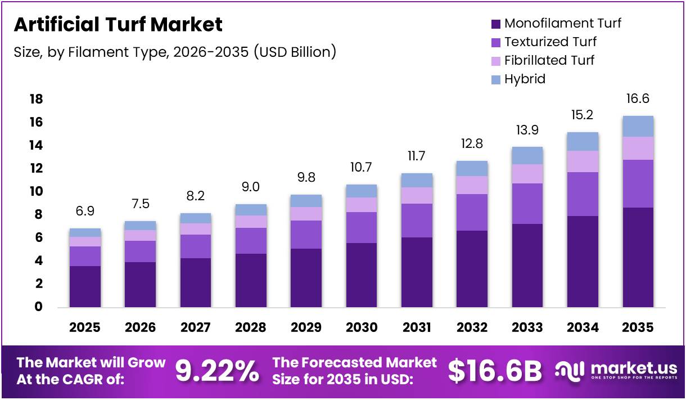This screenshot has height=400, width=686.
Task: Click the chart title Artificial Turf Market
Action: pyautogui.click(x=118, y=25)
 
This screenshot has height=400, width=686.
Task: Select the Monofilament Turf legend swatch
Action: pyautogui.click(x=495, y=24)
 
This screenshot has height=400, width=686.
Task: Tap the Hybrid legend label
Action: pyautogui.click(x=525, y=79)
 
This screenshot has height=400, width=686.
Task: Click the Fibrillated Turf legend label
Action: pyautogui.click(x=549, y=60)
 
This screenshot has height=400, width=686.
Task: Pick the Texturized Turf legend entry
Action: pyautogui.click(x=550, y=42)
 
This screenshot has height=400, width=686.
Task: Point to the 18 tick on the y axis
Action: pyautogui.click(x=35, y=100)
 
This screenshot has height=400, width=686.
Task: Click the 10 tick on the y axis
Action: pyautogui.click(x=35, y=192)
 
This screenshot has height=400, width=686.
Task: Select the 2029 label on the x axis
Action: pyautogui.click(x=306, y=327)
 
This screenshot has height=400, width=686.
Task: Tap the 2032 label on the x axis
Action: pyautogui.click(x=472, y=327)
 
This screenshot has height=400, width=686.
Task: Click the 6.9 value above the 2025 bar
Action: pyautogui.click(x=85, y=212)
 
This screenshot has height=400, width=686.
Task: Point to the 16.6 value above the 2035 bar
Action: pyautogui.click(x=638, y=99)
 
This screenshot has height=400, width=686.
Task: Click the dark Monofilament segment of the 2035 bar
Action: pyautogui.click(x=638, y=257)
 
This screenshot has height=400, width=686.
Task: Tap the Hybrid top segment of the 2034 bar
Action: pyautogui.click(x=583, y=141)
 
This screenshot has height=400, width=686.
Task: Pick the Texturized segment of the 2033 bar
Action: pyautogui.click(x=527, y=203)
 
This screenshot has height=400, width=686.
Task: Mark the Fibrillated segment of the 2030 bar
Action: pyautogui.click(x=361, y=205)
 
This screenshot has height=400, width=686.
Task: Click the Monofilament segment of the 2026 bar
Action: pyautogui.click(x=140, y=284)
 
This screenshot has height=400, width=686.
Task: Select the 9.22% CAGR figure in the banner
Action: pyautogui.click(x=217, y=371)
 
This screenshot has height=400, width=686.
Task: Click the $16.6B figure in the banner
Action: pyautogui.click(x=495, y=371)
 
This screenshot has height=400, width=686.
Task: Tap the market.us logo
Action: pyautogui.click(x=616, y=370)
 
